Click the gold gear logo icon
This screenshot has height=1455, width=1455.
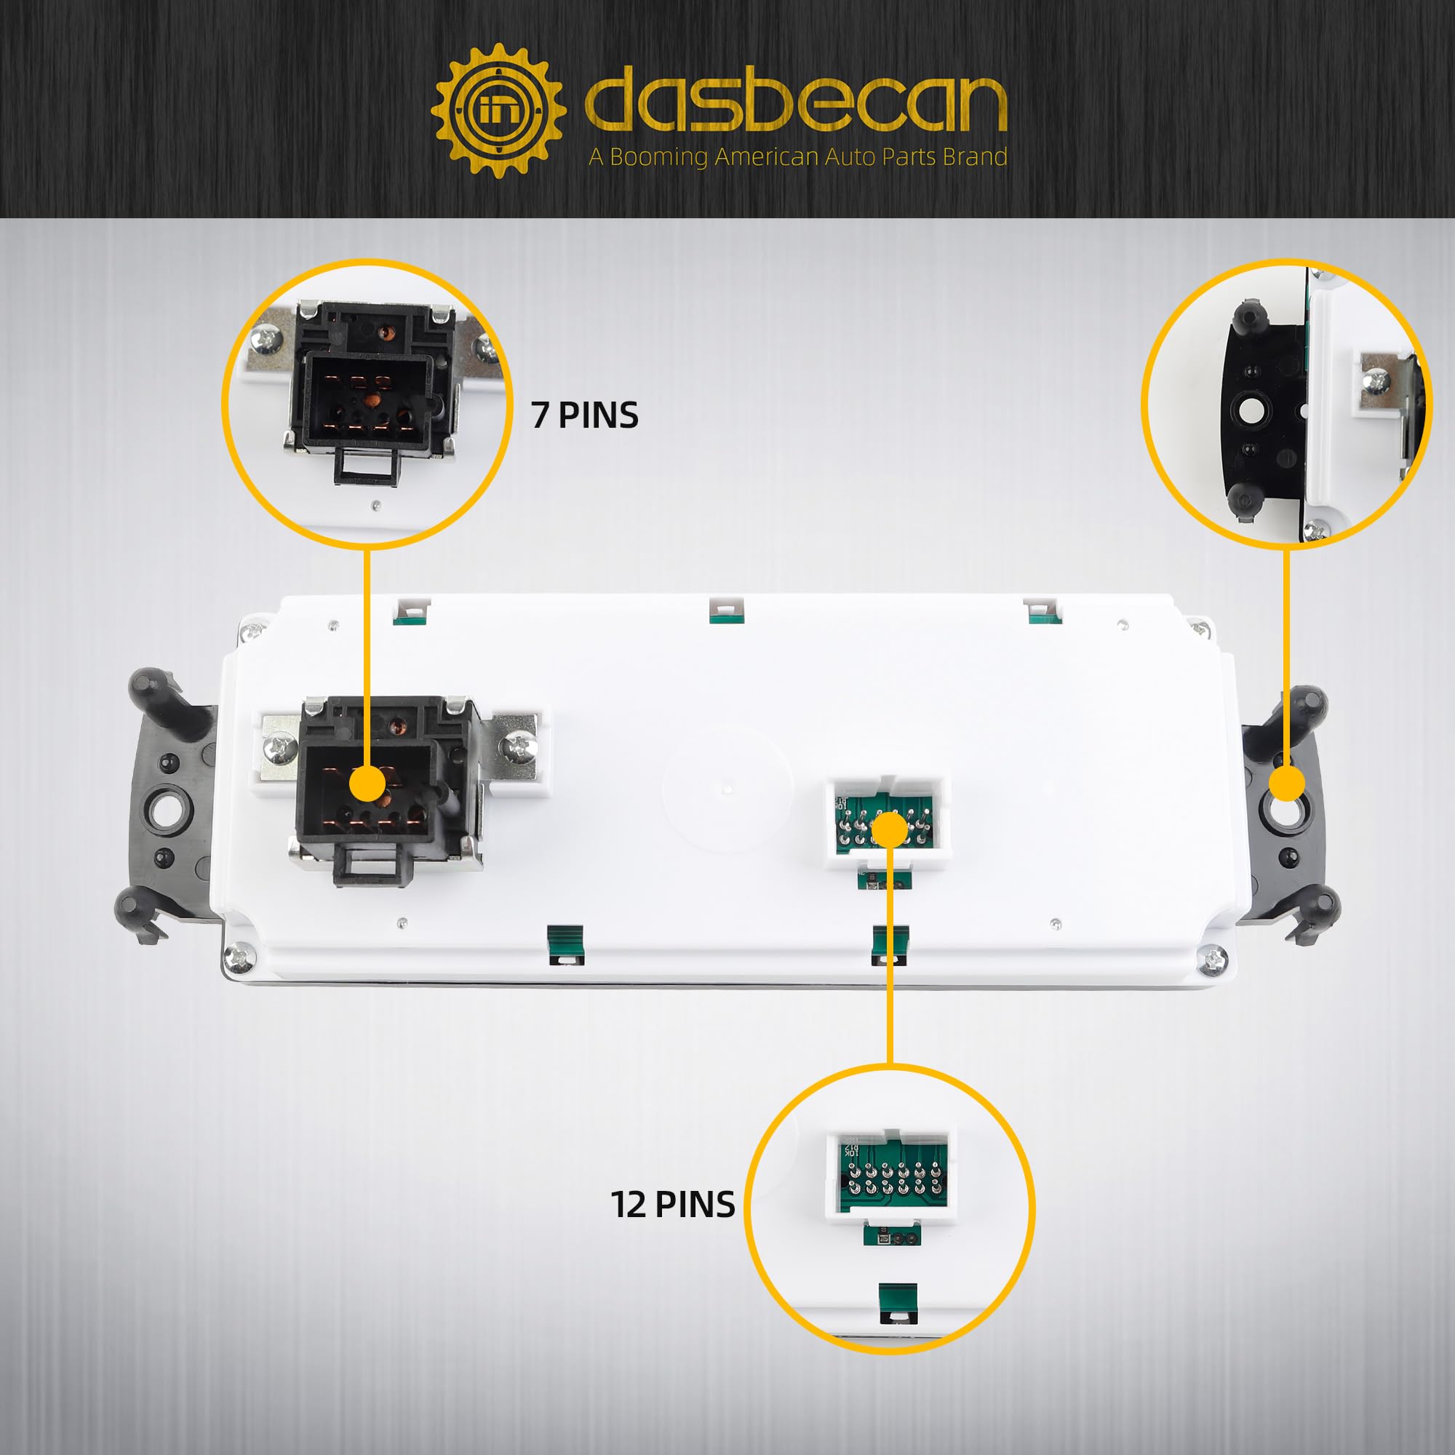[x=498, y=111]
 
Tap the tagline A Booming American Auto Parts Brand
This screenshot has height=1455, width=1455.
[x=797, y=157]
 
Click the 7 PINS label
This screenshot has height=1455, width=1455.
[x=584, y=415]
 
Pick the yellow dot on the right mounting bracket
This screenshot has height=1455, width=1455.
[x=1286, y=785]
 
